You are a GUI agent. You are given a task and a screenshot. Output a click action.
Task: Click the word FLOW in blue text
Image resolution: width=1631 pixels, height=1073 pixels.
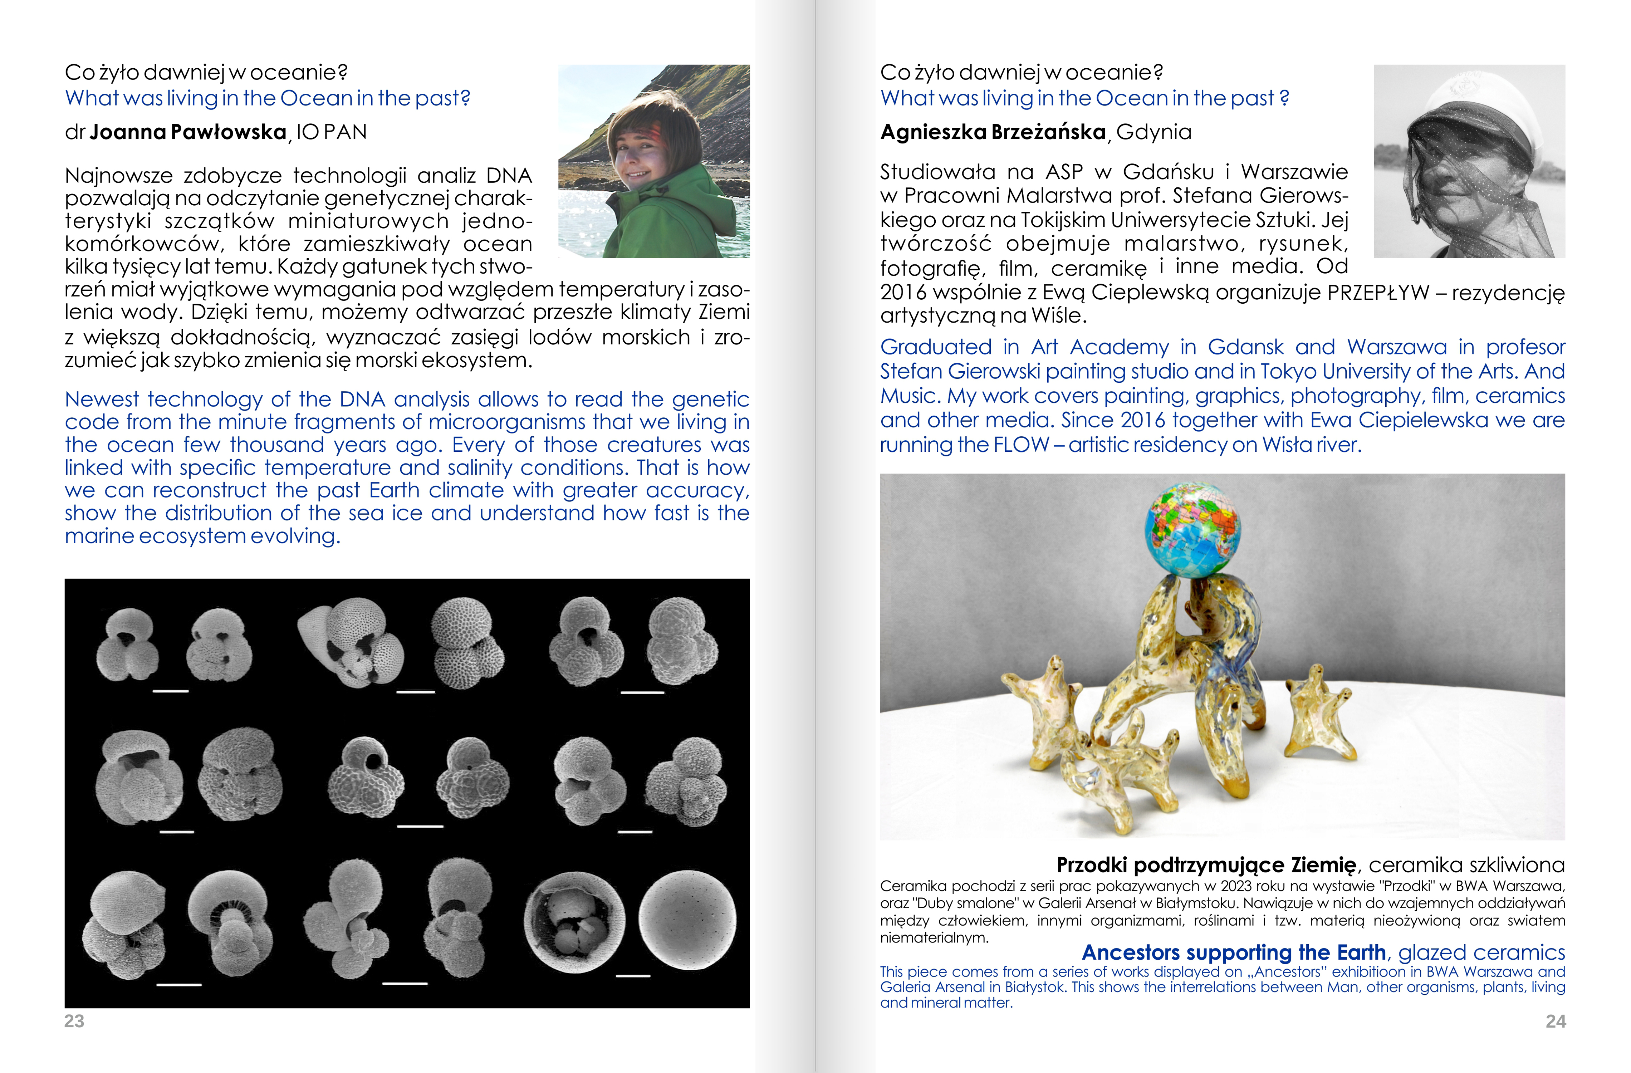pyautogui.click(x=1021, y=445)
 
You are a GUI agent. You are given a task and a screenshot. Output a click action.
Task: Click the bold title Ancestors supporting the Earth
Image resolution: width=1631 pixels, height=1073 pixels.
pyautogui.click(x=1234, y=952)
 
